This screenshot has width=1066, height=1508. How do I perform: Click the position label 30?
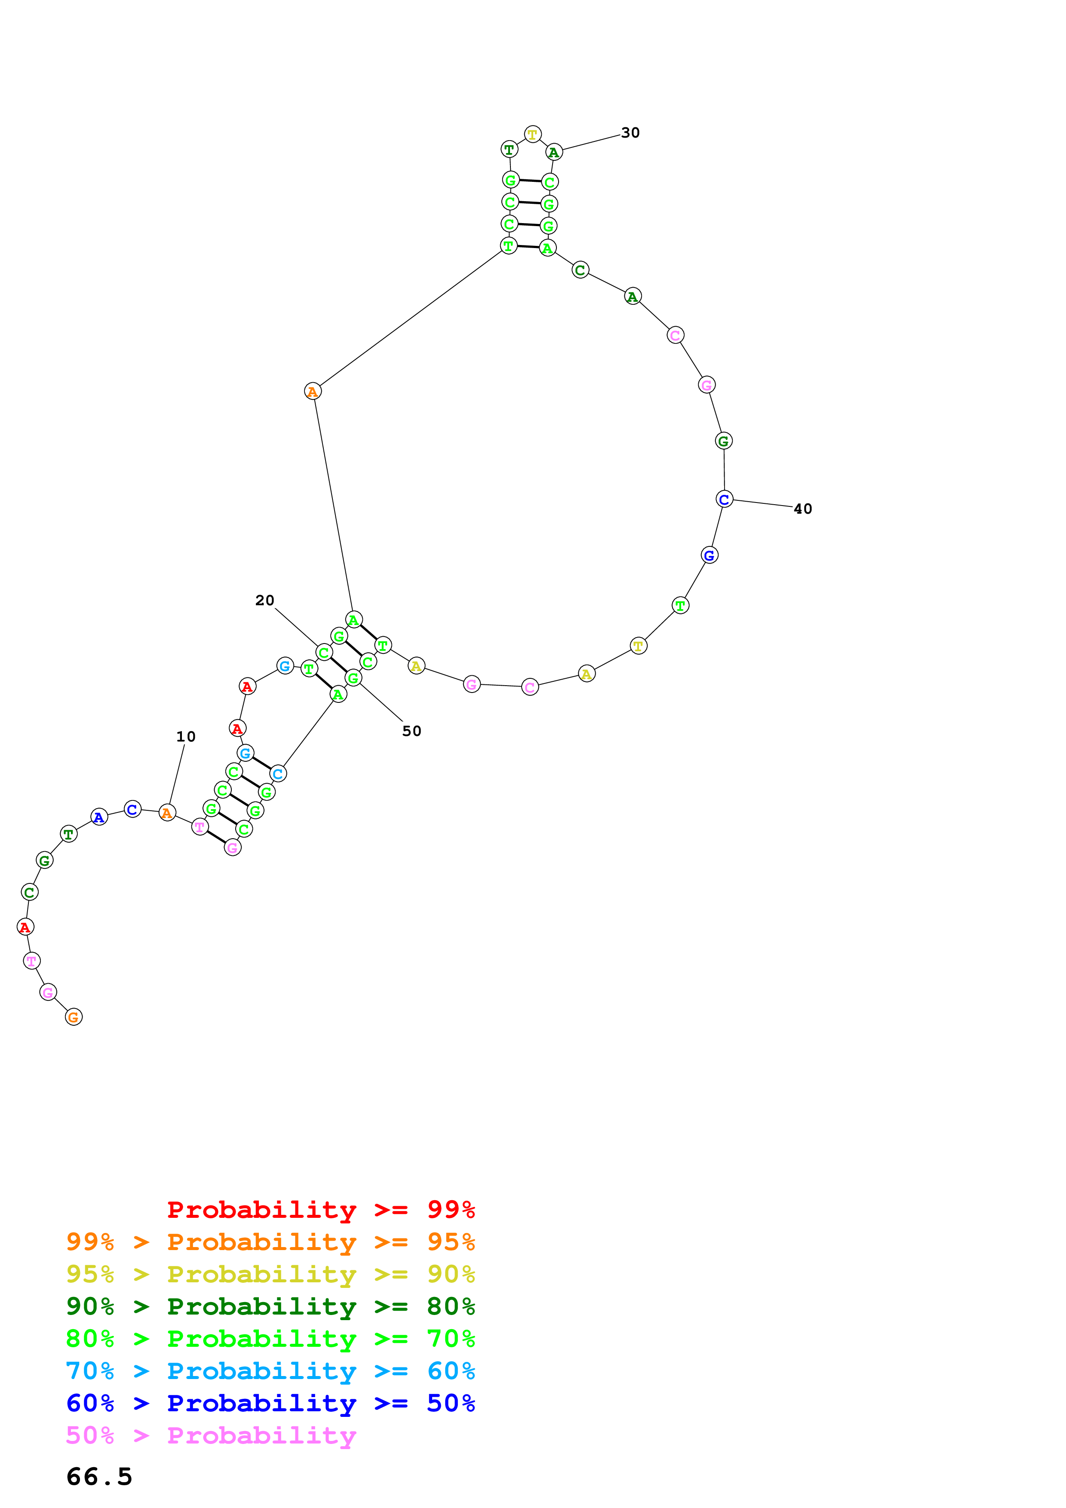pyautogui.click(x=630, y=133)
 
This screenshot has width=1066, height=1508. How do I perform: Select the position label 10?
pyautogui.click(x=185, y=737)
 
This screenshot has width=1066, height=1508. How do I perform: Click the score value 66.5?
pyautogui.click(x=99, y=1477)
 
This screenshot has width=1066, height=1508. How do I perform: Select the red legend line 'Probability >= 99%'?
pyautogui.click(x=320, y=1210)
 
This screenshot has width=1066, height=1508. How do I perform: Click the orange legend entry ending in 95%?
pyautogui.click(x=270, y=1242)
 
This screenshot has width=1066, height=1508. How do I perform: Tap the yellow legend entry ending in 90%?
pyautogui.click(x=270, y=1274)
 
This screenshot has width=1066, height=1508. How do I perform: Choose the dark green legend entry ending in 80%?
pyautogui.click(x=270, y=1306)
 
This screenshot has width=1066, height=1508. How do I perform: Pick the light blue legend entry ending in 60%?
pyautogui.click(x=270, y=1371)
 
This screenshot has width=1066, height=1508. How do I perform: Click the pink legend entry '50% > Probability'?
pyautogui.click(x=211, y=1435)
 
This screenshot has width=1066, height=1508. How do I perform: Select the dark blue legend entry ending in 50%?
pyautogui.click(x=270, y=1403)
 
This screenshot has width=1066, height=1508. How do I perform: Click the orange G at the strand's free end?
pyautogui.click(x=74, y=1017)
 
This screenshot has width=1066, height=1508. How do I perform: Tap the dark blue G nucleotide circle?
pyautogui.click(x=710, y=556)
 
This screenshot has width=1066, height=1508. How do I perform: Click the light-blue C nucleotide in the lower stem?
pyautogui.click(x=278, y=774)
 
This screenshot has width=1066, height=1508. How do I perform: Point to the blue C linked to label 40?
pyautogui.click(x=724, y=500)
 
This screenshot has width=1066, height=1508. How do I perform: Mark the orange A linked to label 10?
pyautogui.click(x=167, y=813)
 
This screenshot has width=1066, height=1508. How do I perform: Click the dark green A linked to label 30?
pyautogui.click(x=554, y=152)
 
